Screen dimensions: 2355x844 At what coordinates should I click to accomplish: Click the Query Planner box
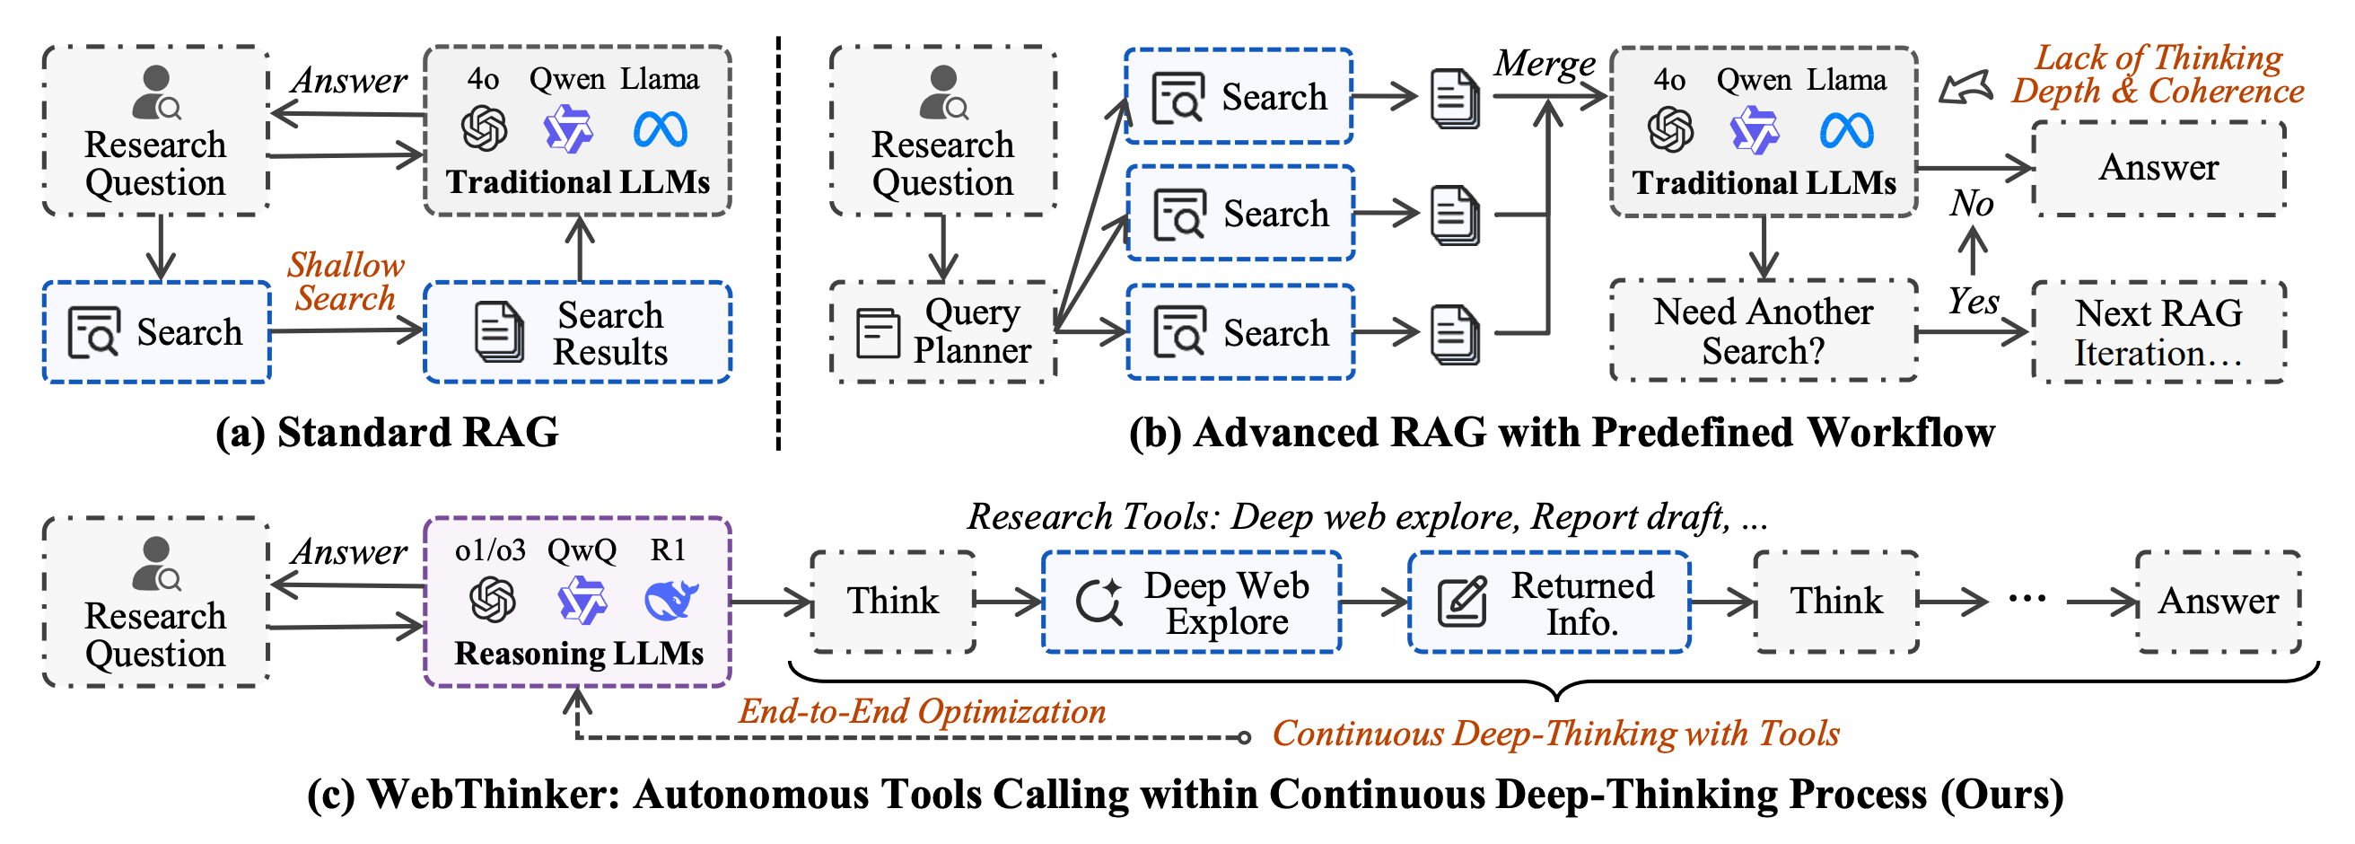(x=942, y=331)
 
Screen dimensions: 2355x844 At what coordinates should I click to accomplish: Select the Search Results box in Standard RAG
(x=578, y=332)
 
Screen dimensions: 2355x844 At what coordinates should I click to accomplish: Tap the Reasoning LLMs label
(x=579, y=653)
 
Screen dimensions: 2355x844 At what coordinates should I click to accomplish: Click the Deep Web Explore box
(x=1191, y=602)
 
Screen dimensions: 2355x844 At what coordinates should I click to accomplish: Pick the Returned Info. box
(x=1549, y=602)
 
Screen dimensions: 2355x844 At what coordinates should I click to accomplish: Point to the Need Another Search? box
(x=1764, y=331)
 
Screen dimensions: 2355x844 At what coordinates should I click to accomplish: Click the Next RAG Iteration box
(x=2158, y=332)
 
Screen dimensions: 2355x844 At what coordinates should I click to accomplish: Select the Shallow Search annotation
(x=346, y=282)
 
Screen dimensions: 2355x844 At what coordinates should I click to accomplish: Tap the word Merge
(x=1545, y=64)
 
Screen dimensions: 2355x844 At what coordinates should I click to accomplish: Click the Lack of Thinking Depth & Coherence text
(x=2158, y=74)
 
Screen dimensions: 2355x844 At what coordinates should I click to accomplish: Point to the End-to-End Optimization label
(x=923, y=710)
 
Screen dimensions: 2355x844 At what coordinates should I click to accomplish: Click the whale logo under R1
(x=671, y=600)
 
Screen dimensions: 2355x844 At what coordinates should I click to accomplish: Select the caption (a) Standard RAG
(x=387, y=432)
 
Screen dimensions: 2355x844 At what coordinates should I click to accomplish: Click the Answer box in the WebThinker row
(x=2218, y=602)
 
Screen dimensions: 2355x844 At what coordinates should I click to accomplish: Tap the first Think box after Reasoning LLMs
(x=892, y=602)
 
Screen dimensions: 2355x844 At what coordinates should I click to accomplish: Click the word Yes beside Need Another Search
(x=1973, y=301)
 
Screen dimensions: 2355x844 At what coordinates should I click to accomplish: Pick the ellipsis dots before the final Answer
(x=2027, y=600)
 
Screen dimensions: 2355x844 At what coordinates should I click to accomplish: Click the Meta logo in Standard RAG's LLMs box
(x=660, y=129)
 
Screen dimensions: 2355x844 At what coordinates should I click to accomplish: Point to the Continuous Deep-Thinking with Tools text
(x=1556, y=734)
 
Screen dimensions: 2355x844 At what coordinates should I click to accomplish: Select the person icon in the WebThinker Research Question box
(x=156, y=564)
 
